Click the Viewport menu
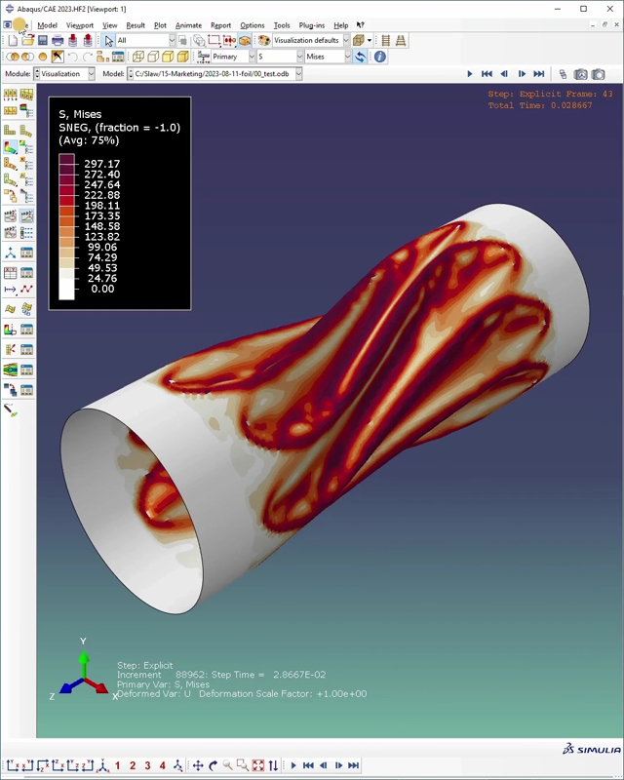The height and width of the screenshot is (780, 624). tap(80, 25)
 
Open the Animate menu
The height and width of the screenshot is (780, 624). tap(188, 25)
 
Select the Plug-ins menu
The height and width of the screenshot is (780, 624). tap(312, 25)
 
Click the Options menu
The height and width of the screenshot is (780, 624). tap(252, 25)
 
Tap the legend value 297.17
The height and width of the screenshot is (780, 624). tap(101, 164)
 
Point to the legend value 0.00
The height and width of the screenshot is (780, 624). tap(101, 289)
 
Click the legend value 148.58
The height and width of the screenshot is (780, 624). tap(101, 226)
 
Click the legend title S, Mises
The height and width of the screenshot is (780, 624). tap(80, 114)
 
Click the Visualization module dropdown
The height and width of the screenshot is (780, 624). tap(64, 73)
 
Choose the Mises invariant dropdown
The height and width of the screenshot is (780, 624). tap(327, 57)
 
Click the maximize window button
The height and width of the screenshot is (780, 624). tap(583, 9)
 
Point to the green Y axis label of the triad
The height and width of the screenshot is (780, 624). tap(83, 642)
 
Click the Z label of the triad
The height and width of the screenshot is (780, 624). tap(52, 697)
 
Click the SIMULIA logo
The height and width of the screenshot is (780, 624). tap(592, 749)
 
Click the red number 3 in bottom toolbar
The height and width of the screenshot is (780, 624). tap(147, 765)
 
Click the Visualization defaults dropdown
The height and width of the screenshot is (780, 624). tap(310, 40)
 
